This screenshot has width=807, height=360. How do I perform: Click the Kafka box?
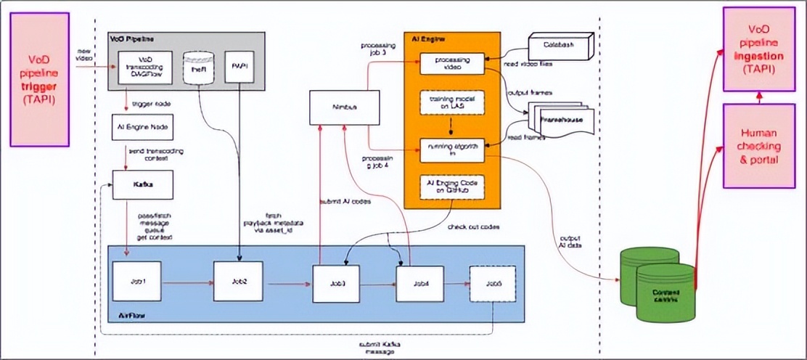[142, 186]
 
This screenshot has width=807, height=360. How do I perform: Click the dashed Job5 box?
[493, 283]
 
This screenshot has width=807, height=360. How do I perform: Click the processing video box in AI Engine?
[452, 64]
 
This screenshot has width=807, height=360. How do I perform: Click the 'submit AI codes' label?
[345, 201]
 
